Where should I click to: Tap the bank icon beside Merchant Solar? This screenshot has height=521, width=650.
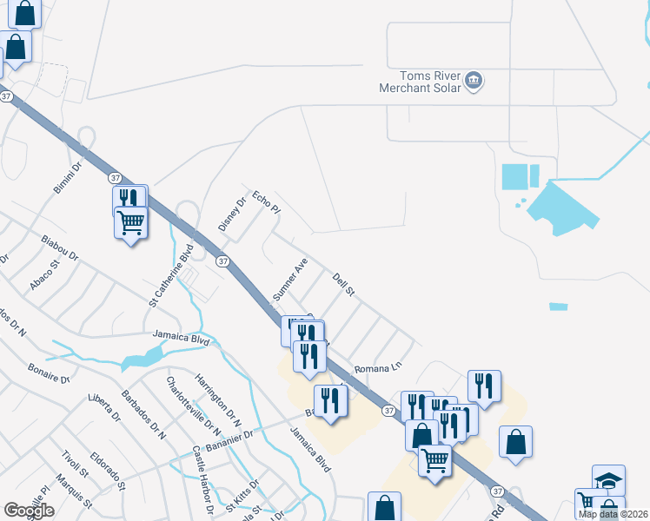click(x=474, y=82)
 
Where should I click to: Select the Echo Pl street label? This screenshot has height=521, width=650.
click(x=267, y=203)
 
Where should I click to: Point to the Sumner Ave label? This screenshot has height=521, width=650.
click(x=290, y=279)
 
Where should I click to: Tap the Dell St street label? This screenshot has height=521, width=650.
click(x=344, y=284)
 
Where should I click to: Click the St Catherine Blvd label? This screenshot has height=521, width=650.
click(x=171, y=276)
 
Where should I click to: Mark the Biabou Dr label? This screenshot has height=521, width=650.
click(x=59, y=247)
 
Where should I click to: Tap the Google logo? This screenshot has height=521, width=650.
click(x=29, y=511)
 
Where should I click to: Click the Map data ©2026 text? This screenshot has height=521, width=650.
click(x=613, y=514)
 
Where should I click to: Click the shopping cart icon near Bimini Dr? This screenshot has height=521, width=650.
click(x=130, y=222)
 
